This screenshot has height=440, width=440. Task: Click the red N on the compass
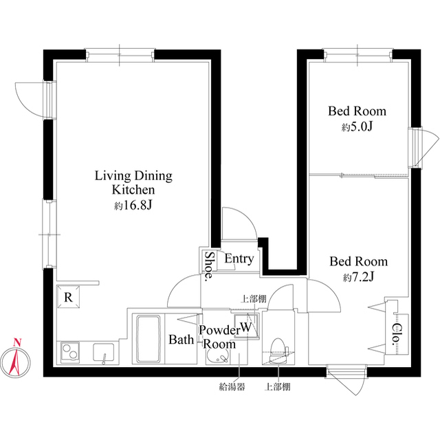[17, 342]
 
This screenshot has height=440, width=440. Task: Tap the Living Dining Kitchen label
[133, 183]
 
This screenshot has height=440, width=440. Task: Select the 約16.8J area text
[133, 206]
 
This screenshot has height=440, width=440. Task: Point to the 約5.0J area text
[357, 126]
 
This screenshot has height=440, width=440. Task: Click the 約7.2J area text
[358, 278]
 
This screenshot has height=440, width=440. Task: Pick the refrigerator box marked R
[68, 297]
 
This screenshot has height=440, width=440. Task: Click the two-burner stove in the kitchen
[70, 352]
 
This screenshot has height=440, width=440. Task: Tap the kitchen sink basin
[104, 353]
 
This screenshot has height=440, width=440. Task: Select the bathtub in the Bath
[148, 339]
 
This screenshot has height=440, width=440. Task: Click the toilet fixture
[278, 351]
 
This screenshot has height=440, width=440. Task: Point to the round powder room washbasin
[217, 357]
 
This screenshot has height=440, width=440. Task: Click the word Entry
[239, 258]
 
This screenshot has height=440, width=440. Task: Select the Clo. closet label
[396, 333]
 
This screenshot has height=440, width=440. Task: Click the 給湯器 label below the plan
[232, 387]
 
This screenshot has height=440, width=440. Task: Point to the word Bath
[181, 340]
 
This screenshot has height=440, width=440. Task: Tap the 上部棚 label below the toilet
[277, 387]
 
